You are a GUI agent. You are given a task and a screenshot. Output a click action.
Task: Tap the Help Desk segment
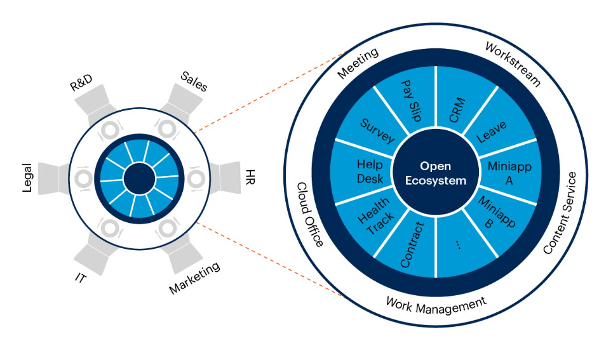click(369, 171)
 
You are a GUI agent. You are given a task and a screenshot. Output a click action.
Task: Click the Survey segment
click(377, 130)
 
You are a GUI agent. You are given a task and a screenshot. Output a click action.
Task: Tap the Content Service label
click(560, 213)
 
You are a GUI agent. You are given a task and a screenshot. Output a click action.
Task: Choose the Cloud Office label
click(311, 214)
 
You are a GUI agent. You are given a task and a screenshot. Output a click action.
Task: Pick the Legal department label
click(27, 177)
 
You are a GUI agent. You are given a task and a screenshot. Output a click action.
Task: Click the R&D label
click(81, 84)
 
